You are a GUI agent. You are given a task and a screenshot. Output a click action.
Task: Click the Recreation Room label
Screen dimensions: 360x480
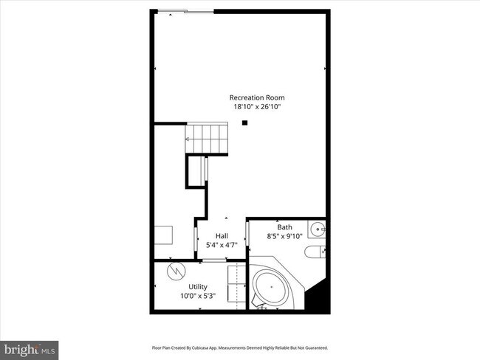[256, 97]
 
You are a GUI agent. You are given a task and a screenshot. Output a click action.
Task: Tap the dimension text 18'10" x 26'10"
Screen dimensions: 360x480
[256, 107]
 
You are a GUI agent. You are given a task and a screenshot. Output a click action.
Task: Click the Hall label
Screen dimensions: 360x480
[222, 235]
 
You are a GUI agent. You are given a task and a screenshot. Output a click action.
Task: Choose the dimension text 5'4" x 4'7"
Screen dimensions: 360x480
[222, 244]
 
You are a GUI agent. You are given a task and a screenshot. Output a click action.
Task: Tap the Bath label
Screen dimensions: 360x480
[284, 227]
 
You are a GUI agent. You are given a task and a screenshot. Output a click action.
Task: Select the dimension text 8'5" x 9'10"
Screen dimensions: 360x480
[284, 236]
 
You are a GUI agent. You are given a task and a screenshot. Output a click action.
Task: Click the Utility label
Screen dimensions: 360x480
[198, 286]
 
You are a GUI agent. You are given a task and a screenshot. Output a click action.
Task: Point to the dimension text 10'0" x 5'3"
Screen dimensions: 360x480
[198, 296]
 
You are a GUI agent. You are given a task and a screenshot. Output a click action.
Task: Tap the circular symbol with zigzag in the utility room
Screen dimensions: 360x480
[176, 270]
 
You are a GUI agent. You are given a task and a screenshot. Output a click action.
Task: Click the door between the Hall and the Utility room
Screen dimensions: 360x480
[213, 261]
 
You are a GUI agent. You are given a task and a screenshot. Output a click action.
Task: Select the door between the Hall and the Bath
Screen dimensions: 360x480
[246, 239]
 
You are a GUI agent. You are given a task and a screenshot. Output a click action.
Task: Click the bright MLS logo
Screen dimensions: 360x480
[30, 347]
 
